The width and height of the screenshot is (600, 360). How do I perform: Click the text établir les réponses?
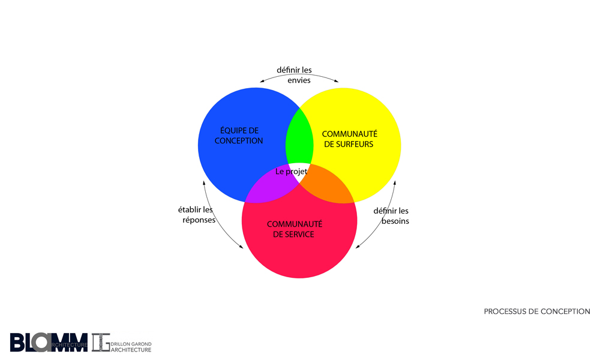pos(197,215)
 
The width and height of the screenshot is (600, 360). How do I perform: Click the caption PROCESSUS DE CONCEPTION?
pos(536,311)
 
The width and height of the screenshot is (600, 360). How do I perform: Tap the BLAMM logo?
pos(48,342)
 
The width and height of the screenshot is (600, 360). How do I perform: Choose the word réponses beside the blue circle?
pos(197,220)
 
